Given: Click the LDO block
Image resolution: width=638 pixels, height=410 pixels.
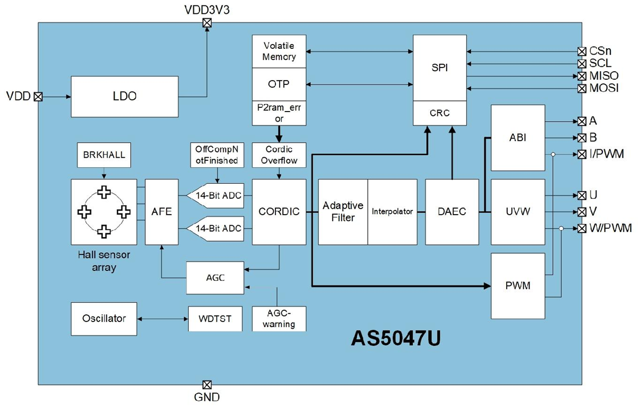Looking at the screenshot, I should click(x=125, y=97).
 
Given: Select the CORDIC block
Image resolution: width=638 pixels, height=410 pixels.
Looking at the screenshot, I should click(x=279, y=211).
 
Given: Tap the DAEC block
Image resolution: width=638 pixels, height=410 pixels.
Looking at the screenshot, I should click(x=452, y=211).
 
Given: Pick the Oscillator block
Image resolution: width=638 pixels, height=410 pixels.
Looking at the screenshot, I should click(x=104, y=318).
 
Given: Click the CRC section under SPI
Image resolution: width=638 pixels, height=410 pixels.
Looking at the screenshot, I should click(x=440, y=113).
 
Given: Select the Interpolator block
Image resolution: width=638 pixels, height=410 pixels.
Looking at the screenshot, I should click(x=392, y=211).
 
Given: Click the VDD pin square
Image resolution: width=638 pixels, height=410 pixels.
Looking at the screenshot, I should click(x=38, y=97).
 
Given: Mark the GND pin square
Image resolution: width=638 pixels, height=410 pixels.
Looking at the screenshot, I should click(x=207, y=385).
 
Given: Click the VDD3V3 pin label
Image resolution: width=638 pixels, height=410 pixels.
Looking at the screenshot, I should click(x=207, y=10).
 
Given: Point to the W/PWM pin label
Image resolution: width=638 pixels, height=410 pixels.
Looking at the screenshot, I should click(x=610, y=229).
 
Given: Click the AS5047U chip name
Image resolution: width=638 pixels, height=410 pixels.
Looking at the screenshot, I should click(x=396, y=339).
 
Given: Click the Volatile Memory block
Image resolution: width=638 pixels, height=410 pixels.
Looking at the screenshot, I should click(x=279, y=51).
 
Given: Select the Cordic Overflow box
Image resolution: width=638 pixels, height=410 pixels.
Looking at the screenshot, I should click(x=279, y=155).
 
